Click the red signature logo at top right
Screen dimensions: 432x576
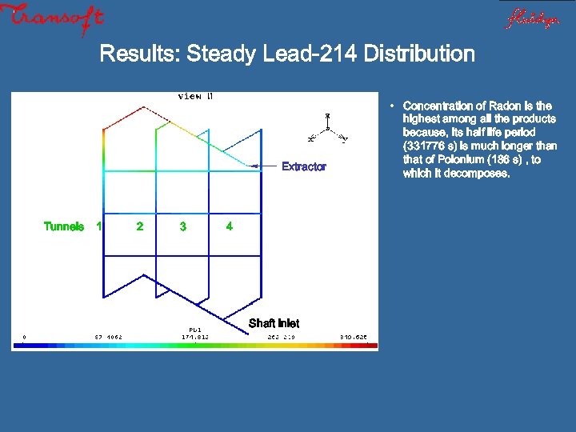(x=531, y=18)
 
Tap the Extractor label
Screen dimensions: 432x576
(x=304, y=166)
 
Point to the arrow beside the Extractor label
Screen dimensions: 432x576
(x=263, y=166)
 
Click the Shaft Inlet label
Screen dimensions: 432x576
(x=274, y=323)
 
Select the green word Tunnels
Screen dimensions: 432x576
(x=64, y=226)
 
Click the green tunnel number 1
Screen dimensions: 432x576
(x=98, y=226)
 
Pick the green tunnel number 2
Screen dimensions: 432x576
(x=140, y=226)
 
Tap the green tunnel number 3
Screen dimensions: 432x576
(x=183, y=226)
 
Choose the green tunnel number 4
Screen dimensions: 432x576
(x=230, y=226)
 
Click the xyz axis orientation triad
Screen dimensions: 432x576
(x=327, y=128)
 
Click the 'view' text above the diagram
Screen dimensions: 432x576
(x=190, y=96)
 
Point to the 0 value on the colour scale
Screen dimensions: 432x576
(x=24, y=337)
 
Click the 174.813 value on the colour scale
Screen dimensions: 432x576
(x=195, y=337)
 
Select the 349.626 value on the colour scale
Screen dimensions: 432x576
(x=353, y=337)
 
